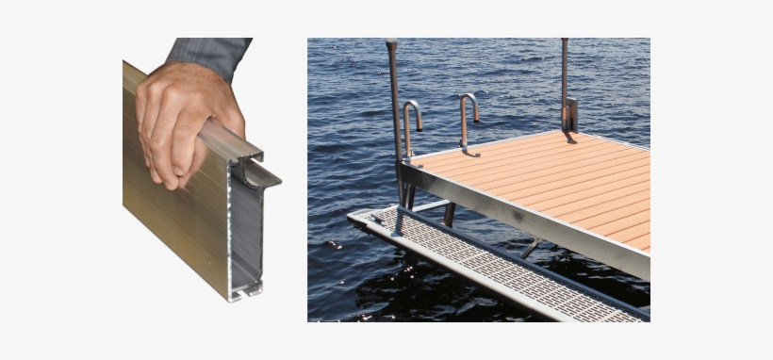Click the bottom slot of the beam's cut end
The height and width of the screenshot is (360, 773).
[x=248, y=293]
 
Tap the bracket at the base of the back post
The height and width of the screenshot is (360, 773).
[x=569, y=115]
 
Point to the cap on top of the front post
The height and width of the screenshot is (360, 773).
[x=389, y=42]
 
